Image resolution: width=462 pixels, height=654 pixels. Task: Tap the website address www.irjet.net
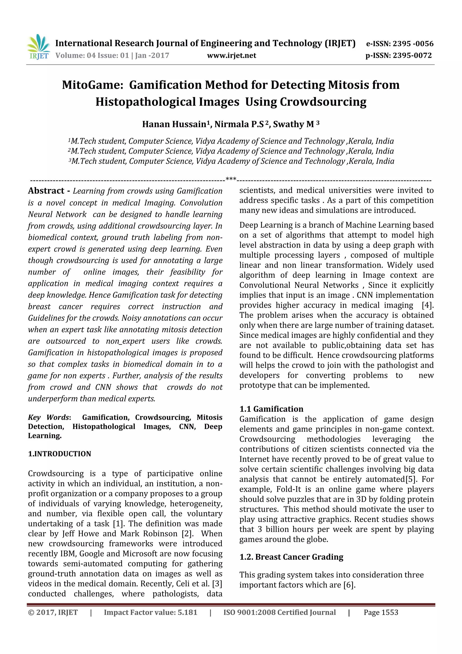(x=231, y=56)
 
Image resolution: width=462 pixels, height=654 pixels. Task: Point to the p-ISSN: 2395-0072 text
(x=399, y=56)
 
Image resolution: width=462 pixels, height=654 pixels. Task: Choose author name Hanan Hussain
(x=174, y=124)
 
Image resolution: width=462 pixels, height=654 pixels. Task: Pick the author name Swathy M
(x=293, y=124)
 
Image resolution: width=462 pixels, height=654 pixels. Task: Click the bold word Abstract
(x=46, y=191)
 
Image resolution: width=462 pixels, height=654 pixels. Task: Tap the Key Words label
(x=49, y=418)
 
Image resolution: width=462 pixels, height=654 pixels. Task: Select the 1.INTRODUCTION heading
(x=60, y=454)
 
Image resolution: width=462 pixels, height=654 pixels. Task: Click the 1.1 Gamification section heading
(x=271, y=409)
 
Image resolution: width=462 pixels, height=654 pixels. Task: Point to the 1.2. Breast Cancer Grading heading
(x=291, y=557)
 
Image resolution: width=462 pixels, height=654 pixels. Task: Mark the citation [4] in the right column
(x=427, y=305)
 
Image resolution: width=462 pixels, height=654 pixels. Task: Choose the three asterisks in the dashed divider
(x=231, y=179)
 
